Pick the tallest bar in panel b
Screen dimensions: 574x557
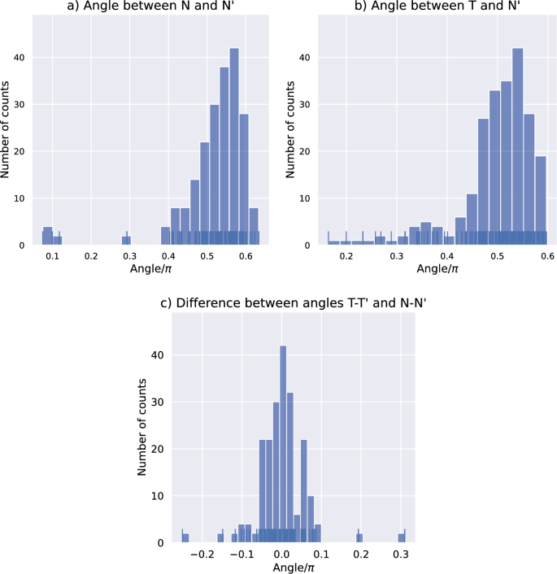click(x=517, y=146)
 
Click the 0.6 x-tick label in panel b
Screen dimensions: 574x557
click(x=547, y=258)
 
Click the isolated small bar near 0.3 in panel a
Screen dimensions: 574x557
click(x=126, y=241)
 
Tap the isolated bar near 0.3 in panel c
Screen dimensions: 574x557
click(x=401, y=537)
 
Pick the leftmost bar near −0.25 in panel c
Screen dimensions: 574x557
click(x=185, y=537)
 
